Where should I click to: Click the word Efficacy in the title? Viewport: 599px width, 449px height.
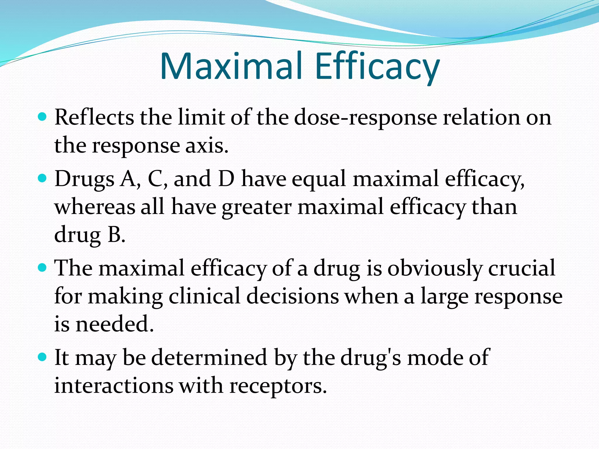click(x=377, y=67)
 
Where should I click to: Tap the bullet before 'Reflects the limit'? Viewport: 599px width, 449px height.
click(x=42, y=117)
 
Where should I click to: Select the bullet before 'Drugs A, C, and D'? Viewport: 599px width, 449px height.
click(x=42, y=178)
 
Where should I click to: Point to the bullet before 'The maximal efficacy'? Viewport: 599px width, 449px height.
click(x=42, y=267)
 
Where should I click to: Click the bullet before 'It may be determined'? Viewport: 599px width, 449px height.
click(x=42, y=357)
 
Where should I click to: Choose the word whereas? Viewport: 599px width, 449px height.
click(x=95, y=207)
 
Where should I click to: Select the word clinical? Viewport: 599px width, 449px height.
click(x=204, y=296)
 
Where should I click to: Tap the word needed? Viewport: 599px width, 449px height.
click(x=114, y=324)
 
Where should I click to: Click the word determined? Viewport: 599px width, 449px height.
click(x=209, y=357)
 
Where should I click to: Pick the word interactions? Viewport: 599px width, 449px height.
click(x=114, y=385)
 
